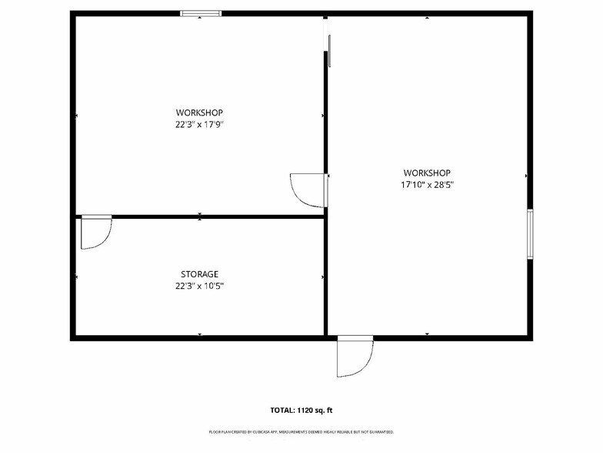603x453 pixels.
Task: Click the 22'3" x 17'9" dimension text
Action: pos(199,124)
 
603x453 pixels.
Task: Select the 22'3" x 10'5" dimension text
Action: pos(199,285)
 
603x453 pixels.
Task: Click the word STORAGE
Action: pos(199,273)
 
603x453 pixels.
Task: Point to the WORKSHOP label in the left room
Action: pos(199,112)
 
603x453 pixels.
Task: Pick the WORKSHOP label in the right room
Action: pos(427,173)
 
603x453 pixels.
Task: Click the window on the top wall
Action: pos(201,13)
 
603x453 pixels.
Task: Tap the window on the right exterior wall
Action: pos(529,233)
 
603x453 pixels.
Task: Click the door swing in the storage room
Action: pos(95,233)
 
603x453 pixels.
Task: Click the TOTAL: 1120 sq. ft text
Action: pos(301,409)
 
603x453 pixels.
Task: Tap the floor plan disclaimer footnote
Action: pos(301,432)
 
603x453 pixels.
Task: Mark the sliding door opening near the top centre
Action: pos(328,42)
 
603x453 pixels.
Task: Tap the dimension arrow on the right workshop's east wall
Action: pos(526,176)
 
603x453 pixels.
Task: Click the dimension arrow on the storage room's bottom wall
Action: pos(200,334)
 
